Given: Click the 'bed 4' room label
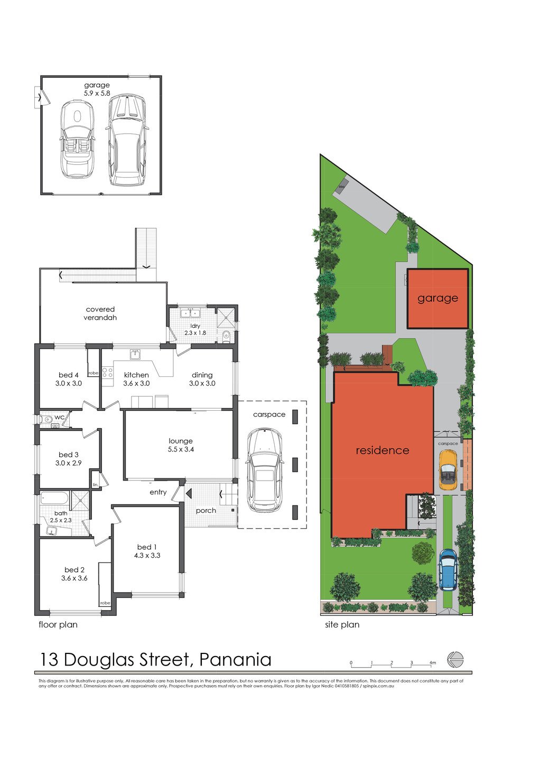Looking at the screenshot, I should click(x=68, y=375).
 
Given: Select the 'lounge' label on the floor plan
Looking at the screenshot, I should click(x=181, y=441).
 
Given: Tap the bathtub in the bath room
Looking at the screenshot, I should click(x=54, y=499).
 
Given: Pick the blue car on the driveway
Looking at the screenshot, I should click(x=448, y=570).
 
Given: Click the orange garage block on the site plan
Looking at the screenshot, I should click(x=437, y=299).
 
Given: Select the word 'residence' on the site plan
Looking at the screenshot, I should click(x=382, y=450).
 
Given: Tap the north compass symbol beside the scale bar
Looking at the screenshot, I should click(x=455, y=660).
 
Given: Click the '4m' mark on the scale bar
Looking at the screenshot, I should click(x=433, y=663).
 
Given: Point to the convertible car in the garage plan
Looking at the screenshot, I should click(x=77, y=140).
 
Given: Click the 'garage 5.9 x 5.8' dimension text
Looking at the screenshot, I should click(x=97, y=89).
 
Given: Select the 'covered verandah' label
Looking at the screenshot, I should click(x=100, y=313).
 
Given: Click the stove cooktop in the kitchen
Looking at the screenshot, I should click(x=107, y=372).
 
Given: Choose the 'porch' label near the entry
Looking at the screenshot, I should click(x=206, y=510).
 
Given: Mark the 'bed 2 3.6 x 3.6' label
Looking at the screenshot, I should click(x=74, y=574).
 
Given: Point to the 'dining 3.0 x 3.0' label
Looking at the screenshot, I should click(x=202, y=379).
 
